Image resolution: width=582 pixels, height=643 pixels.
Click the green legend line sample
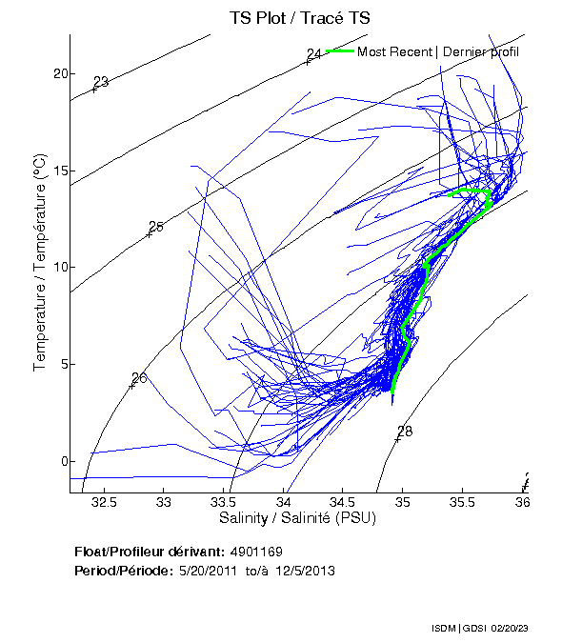point(340,50)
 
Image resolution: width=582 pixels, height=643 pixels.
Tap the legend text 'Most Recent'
point(394,51)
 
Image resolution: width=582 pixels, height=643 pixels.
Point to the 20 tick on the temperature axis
point(59,74)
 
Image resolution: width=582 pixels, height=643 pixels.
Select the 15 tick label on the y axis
point(59,171)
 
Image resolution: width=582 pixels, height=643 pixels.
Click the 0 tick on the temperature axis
point(62,462)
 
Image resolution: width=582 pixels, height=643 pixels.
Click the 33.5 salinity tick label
point(223,501)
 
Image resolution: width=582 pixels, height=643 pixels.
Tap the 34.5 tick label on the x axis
point(343,501)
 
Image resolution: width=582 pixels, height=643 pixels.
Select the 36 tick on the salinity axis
point(523,501)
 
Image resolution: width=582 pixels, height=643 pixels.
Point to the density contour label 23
point(101,82)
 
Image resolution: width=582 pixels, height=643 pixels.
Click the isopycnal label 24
point(313,54)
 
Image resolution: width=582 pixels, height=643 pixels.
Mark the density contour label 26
point(139,378)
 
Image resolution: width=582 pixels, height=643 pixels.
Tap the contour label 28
point(405,432)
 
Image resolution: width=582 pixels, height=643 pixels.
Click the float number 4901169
point(256,553)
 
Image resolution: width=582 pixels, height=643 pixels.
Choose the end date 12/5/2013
point(303,571)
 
